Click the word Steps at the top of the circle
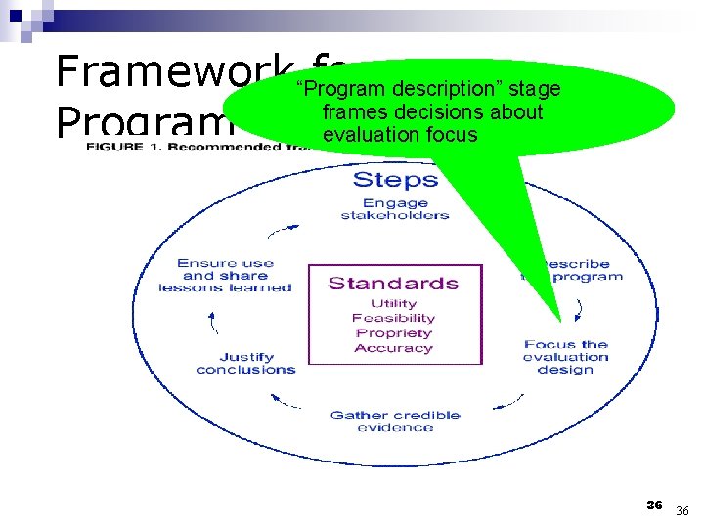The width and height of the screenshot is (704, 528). coord(394,179)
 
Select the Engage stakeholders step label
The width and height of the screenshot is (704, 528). coord(394,209)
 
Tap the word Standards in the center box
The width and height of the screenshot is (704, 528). coord(393,284)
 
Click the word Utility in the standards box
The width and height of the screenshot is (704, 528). coord(393,303)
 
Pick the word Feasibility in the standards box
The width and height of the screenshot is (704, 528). coord(393,318)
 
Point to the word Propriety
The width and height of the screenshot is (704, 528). coord(393,333)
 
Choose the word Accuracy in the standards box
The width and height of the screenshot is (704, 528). coord(393,348)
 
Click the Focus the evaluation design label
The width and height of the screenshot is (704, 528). coord(565,357)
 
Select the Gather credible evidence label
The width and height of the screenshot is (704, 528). coord(395,420)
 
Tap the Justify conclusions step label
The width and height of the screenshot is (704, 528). coord(245,363)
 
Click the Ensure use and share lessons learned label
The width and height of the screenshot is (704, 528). coord(225,275)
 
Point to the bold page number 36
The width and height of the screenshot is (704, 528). coord(654,505)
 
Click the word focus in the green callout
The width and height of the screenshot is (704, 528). coord(452,134)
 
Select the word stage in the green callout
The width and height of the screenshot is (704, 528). coord(535,89)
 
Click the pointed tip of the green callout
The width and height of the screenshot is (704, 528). coord(560,320)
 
